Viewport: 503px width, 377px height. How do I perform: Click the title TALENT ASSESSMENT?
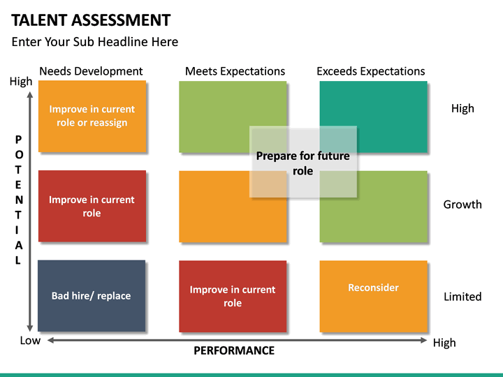[91, 20]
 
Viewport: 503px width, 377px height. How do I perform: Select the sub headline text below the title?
[95, 42]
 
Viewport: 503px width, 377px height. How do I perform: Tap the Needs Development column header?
[91, 71]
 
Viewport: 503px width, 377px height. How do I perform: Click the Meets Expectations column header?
[235, 71]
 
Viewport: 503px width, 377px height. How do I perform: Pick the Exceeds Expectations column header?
[370, 71]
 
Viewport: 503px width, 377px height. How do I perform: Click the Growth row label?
[462, 205]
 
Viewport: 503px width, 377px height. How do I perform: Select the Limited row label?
[462, 297]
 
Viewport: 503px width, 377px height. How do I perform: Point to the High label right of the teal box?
[462, 108]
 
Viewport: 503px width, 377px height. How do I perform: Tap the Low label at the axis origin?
[30, 340]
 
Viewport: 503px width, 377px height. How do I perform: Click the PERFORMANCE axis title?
[234, 350]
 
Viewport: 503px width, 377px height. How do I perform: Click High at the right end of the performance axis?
[444, 342]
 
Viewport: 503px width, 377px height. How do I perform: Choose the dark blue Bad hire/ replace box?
[92, 296]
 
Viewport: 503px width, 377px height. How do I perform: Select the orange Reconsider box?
[373, 296]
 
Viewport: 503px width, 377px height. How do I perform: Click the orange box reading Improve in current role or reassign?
[92, 116]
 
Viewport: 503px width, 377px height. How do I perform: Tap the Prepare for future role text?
[303, 163]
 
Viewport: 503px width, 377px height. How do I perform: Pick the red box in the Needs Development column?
[92, 206]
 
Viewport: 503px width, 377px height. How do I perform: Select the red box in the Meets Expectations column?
[233, 296]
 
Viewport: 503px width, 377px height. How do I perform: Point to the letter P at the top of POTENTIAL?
[18, 140]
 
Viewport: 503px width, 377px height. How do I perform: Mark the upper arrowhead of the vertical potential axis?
[30, 93]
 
